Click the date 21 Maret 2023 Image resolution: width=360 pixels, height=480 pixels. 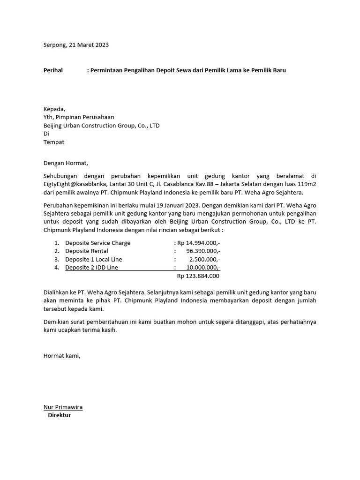89,45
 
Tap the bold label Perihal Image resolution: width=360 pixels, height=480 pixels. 53,70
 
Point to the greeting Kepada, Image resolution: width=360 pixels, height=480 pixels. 55,109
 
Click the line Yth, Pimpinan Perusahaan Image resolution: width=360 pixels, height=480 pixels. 79,117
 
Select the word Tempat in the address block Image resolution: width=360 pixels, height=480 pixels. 54,142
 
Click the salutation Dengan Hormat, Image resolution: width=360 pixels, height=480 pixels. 66,163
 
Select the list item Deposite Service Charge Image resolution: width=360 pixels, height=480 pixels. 98,243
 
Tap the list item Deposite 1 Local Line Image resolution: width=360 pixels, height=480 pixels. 93,259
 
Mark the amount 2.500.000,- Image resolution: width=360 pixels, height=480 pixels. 205,259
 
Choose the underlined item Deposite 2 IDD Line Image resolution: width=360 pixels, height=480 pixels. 92,268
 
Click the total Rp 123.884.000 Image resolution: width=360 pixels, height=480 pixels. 198,276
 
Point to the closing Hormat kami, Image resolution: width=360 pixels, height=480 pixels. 62,356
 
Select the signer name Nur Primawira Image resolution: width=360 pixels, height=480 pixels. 63,407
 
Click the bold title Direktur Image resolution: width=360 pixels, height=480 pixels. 60,415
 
